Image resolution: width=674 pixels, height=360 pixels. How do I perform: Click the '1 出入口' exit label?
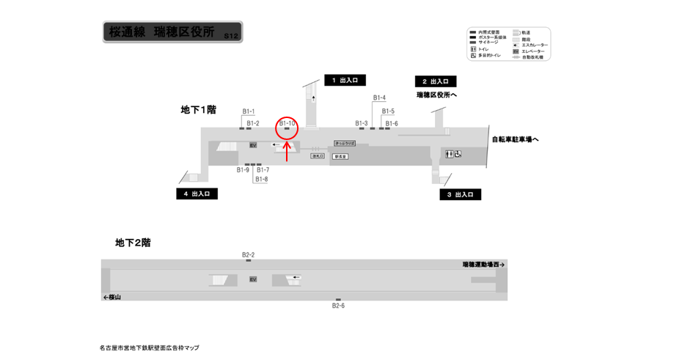(x=344, y=81)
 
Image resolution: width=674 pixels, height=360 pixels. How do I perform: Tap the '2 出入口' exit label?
(x=436, y=81)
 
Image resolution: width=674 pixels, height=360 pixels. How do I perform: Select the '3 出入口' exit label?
(x=461, y=195)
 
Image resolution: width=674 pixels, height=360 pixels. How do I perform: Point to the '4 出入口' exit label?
(x=197, y=194)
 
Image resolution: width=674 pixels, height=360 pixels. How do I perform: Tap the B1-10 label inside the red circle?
(x=287, y=123)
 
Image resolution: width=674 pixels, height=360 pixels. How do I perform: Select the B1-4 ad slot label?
(x=379, y=98)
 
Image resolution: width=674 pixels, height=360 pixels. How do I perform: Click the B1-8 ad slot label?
(x=262, y=179)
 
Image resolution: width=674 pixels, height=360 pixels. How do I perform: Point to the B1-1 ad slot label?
(x=249, y=111)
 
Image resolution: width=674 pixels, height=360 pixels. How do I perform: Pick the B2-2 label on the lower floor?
(x=248, y=254)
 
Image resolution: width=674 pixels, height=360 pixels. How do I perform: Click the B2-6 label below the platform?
(x=338, y=306)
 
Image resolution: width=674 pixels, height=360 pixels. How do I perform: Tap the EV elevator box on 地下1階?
(x=253, y=145)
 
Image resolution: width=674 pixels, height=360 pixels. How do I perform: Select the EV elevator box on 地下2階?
(x=253, y=279)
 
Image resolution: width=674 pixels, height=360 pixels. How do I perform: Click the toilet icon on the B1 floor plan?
(x=450, y=153)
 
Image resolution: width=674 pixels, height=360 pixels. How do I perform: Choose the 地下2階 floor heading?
(x=133, y=242)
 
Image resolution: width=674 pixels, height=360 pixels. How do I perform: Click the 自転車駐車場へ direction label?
(x=516, y=139)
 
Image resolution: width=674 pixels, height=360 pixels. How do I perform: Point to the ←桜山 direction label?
(x=112, y=297)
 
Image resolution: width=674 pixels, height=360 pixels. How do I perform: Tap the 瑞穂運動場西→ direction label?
(x=484, y=265)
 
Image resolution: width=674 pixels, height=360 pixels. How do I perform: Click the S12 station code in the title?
(x=231, y=35)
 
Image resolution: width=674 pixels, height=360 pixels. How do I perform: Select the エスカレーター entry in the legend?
(x=533, y=45)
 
